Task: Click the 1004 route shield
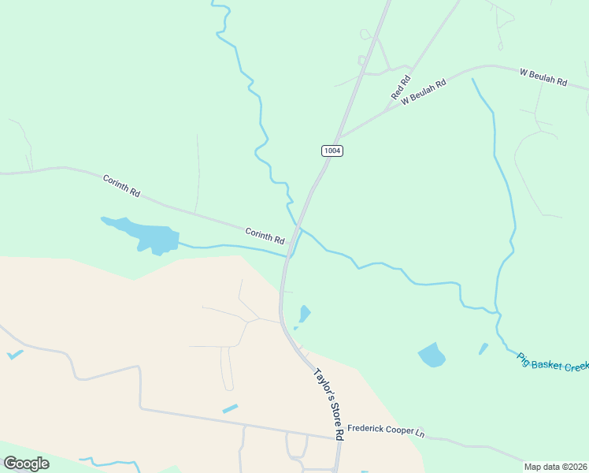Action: click(332, 150)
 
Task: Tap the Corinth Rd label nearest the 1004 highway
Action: click(265, 234)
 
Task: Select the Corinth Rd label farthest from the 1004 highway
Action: click(121, 186)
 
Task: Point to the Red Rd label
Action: click(401, 88)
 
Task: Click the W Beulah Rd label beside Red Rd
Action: click(424, 91)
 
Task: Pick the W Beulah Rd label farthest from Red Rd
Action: click(543, 76)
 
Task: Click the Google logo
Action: click(26, 464)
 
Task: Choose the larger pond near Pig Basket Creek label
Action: click(431, 356)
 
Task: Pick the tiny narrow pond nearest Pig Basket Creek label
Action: click(483, 348)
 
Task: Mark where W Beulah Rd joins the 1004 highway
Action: click(339, 137)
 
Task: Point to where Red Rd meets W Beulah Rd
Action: click(389, 106)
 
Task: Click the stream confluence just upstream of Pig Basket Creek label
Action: click(498, 313)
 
